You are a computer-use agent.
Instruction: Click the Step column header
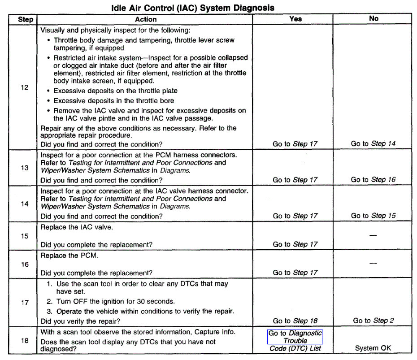(25, 19)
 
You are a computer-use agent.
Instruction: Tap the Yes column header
(295, 19)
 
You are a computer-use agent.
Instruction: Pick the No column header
(374, 19)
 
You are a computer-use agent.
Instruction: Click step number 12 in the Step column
(25, 87)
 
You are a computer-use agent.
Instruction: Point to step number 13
(25, 168)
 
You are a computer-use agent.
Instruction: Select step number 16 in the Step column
(25, 264)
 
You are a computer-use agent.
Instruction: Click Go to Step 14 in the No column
(373, 144)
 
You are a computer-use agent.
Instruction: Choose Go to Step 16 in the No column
(373, 180)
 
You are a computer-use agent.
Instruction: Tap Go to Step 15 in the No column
(373, 216)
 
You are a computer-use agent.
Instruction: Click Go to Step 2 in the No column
(373, 321)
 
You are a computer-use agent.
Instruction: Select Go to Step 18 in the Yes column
(295, 321)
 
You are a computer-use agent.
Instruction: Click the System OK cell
(373, 348)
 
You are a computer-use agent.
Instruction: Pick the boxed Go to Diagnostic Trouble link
(295, 337)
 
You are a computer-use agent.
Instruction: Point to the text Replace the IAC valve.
(77, 227)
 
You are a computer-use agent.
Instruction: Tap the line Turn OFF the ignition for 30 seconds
(115, 301)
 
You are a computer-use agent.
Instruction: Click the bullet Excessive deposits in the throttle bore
(114, 101)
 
